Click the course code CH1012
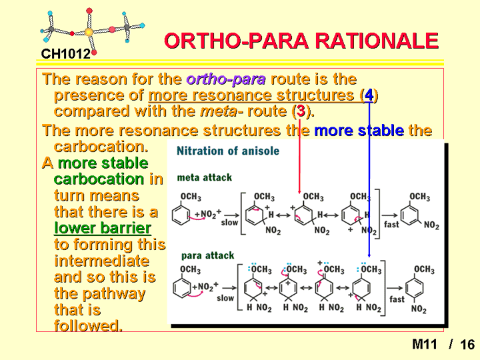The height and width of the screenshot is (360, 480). (66, 54)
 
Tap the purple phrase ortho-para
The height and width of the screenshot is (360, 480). (226, 79)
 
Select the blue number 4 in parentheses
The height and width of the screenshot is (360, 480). (369, 95)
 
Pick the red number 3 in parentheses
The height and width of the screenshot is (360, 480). (301, 111)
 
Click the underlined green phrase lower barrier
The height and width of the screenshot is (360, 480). (103, 228)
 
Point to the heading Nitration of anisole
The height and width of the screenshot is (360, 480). (228, 151)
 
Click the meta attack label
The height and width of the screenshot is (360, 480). (205, 177)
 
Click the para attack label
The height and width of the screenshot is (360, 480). (207, 255)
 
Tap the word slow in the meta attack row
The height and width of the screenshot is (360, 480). (229, 222)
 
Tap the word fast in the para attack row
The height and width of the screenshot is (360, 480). (397, 299)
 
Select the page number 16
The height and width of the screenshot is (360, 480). (467, 345)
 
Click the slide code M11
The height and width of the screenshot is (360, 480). (425, 345)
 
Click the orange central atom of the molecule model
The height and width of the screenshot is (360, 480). (89, 31)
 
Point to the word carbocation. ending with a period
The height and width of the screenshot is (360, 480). (101, 147)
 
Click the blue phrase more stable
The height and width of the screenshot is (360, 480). (359, 131)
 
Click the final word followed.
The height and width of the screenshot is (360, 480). (88, 326)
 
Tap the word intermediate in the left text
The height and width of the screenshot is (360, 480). (101, 261)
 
